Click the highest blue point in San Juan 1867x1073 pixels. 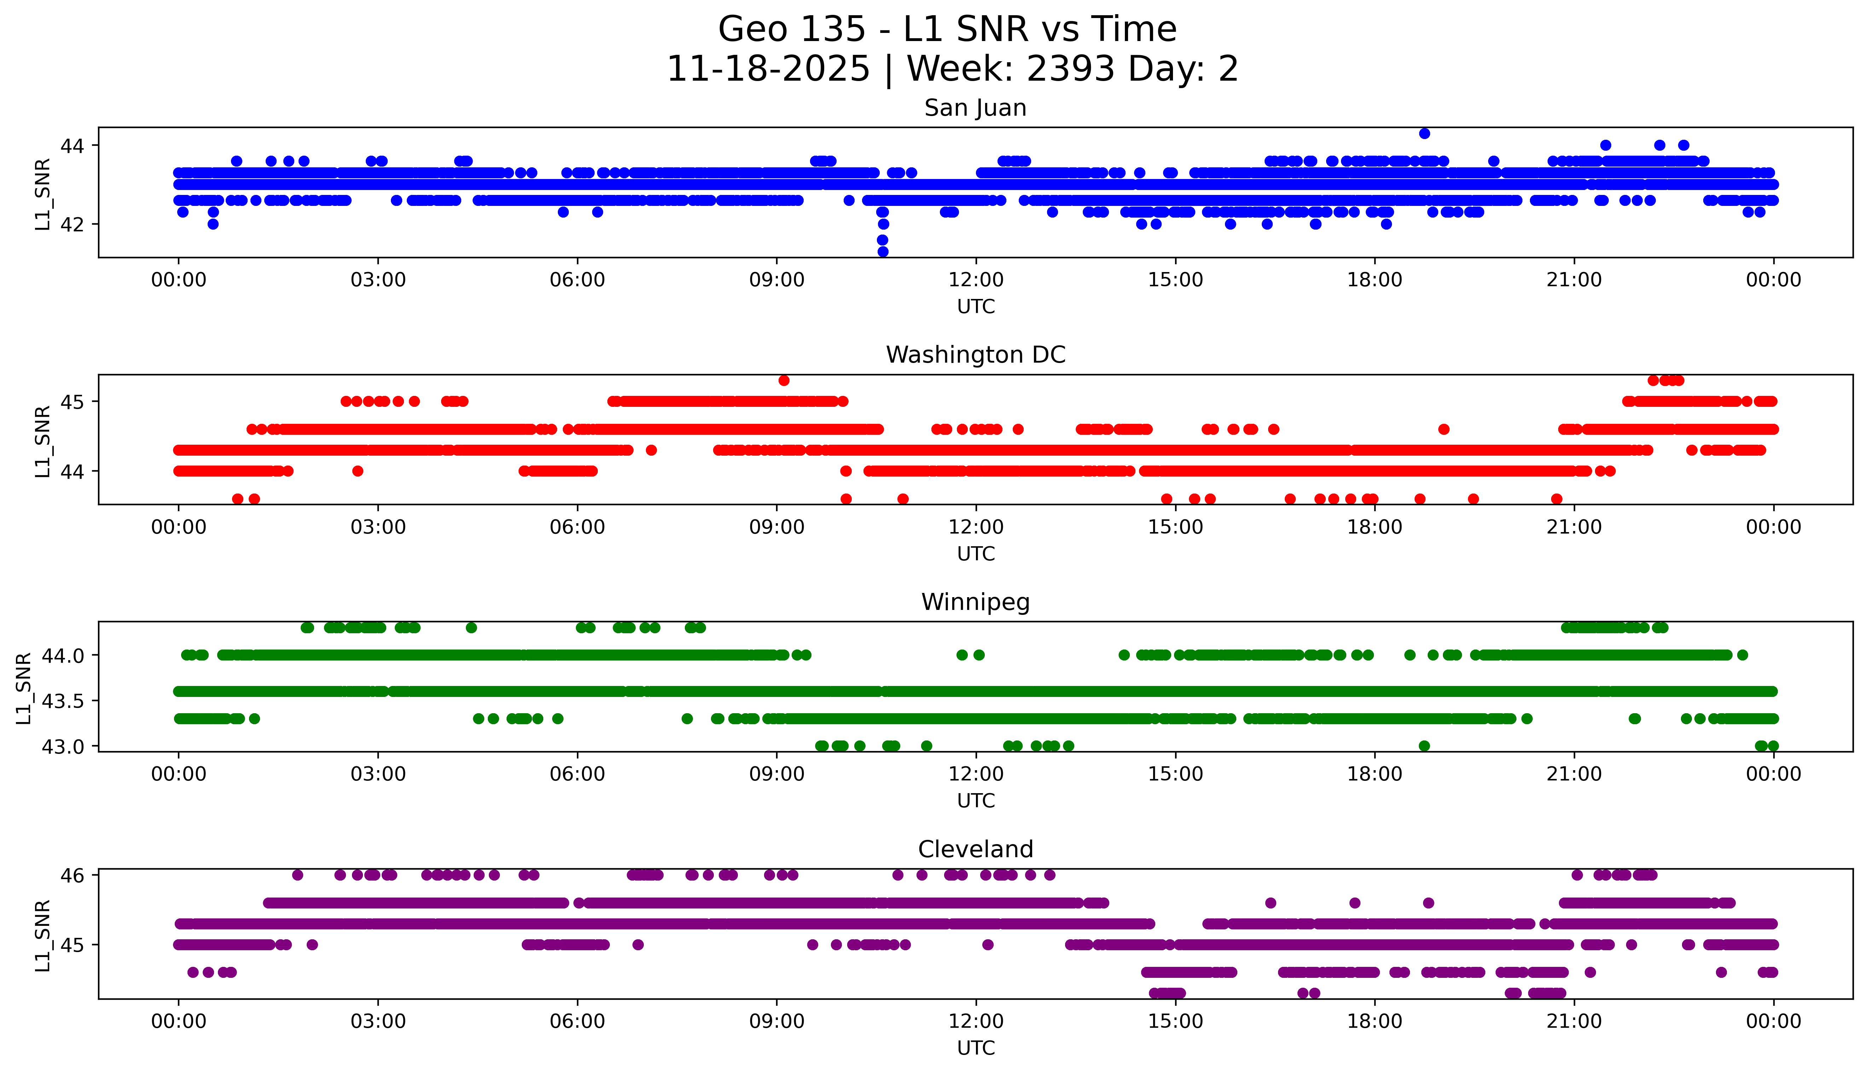tap(1424, 133)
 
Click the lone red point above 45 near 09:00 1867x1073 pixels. tap(784, 380)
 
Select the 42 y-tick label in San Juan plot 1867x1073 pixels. tap(72, 224)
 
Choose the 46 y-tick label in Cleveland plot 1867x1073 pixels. tap(72, 876)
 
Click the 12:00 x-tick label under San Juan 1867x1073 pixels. tap(976, 280)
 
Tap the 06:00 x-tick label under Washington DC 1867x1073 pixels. tap(577, 527)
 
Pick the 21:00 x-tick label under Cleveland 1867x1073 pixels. tap(1574, 1021)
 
